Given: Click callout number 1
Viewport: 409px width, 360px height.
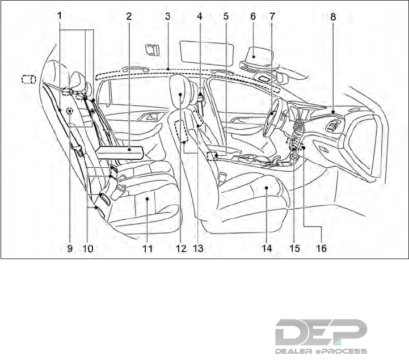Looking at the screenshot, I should coord(60,16).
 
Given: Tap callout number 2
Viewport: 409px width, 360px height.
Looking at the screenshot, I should coord(129,16).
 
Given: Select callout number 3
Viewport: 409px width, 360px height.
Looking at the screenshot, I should coord(167,16).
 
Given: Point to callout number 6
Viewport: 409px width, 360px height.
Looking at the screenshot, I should coord(253,16).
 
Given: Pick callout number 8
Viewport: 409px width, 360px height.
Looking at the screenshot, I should coord(332,16).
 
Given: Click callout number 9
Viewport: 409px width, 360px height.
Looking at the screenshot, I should coord(70,248).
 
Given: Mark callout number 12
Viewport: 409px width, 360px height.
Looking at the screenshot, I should coord(180,248).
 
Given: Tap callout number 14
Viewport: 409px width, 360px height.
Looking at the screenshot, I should coord(266,248).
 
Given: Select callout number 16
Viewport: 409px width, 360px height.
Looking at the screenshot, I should coord(321,248).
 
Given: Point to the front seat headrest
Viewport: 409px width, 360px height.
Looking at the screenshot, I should coord(182,91).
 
